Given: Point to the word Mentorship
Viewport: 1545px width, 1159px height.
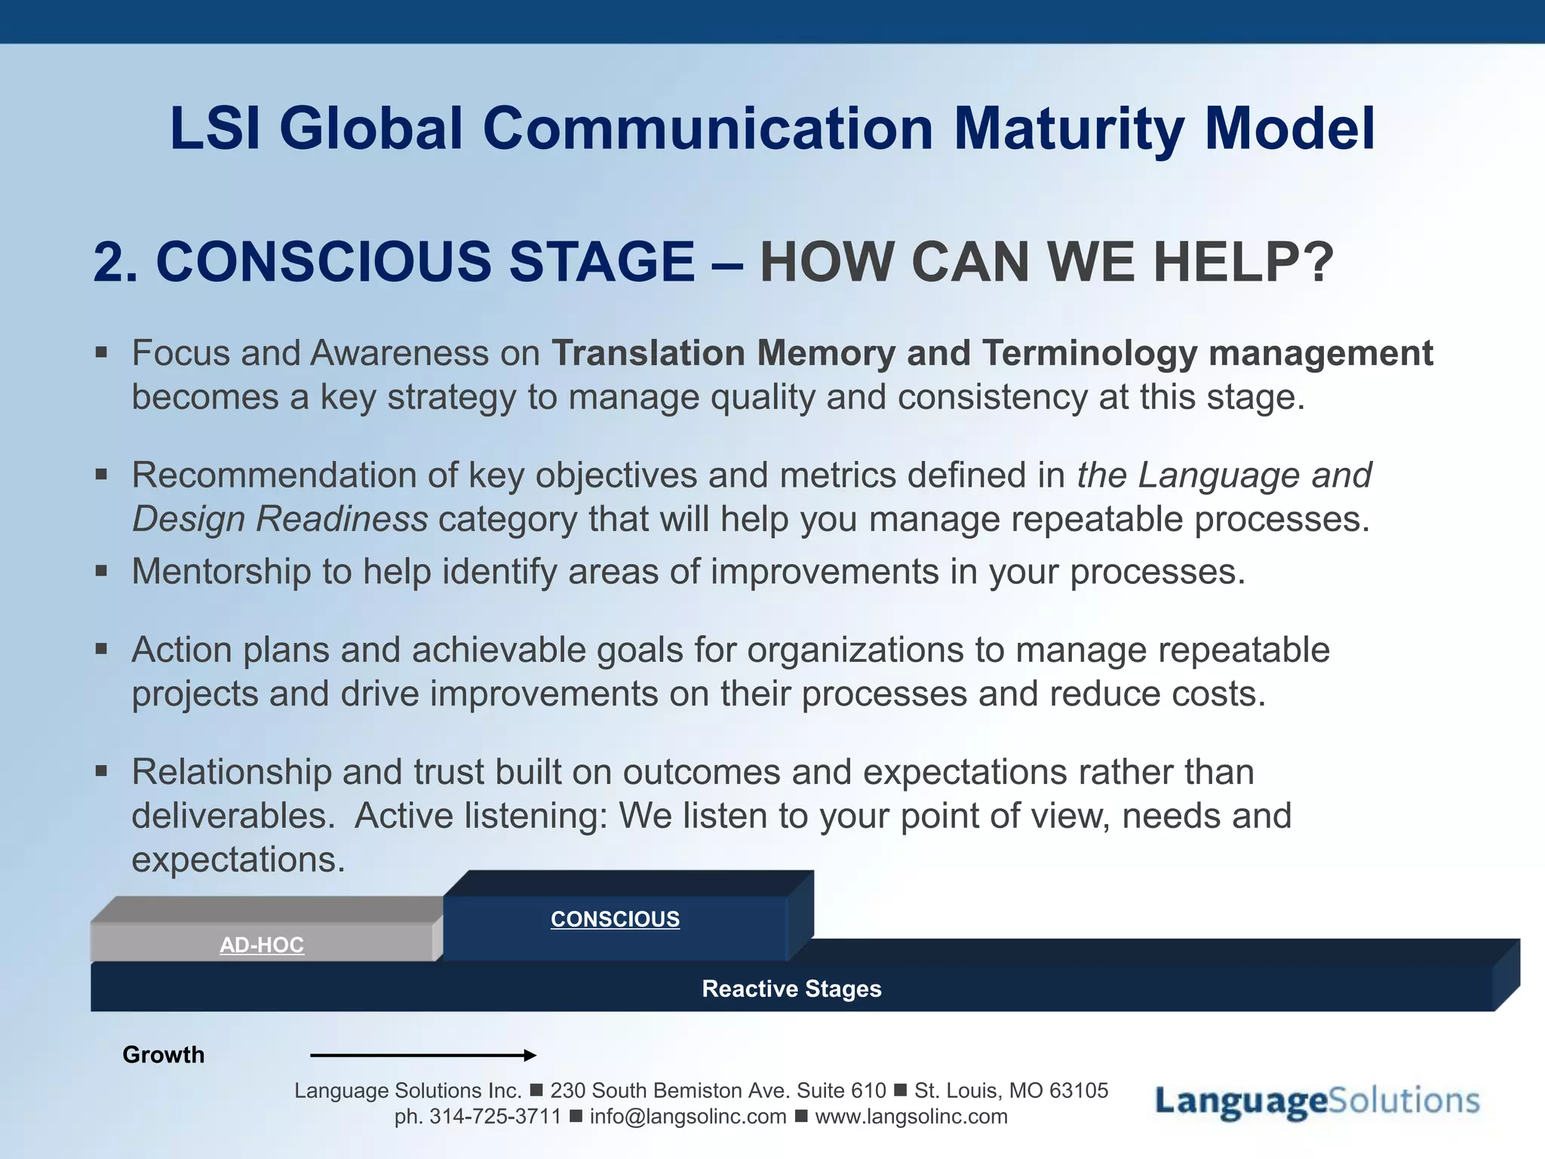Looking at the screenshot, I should point(221,571).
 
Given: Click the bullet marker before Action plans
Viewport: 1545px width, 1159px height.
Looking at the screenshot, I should point(102,648).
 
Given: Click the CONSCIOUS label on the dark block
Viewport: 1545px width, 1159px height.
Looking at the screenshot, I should point(615,919).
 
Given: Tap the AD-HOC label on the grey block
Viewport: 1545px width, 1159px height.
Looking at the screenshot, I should point(262,945).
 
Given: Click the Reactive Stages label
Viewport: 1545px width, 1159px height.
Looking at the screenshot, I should point(791,988).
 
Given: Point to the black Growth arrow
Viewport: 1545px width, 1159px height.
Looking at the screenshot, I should point(422,1056).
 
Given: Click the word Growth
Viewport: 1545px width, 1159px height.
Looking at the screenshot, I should point(163,1055).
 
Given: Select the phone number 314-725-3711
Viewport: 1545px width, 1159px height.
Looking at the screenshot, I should point(495,1117).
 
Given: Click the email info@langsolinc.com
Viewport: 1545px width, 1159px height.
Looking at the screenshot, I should point(687,1117).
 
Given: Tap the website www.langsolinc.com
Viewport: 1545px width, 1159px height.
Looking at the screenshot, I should point(911,1117).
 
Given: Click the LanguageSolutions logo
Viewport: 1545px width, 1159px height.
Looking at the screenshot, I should point(1317,1101).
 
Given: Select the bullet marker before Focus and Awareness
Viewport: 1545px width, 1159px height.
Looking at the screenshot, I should point(102,352).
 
